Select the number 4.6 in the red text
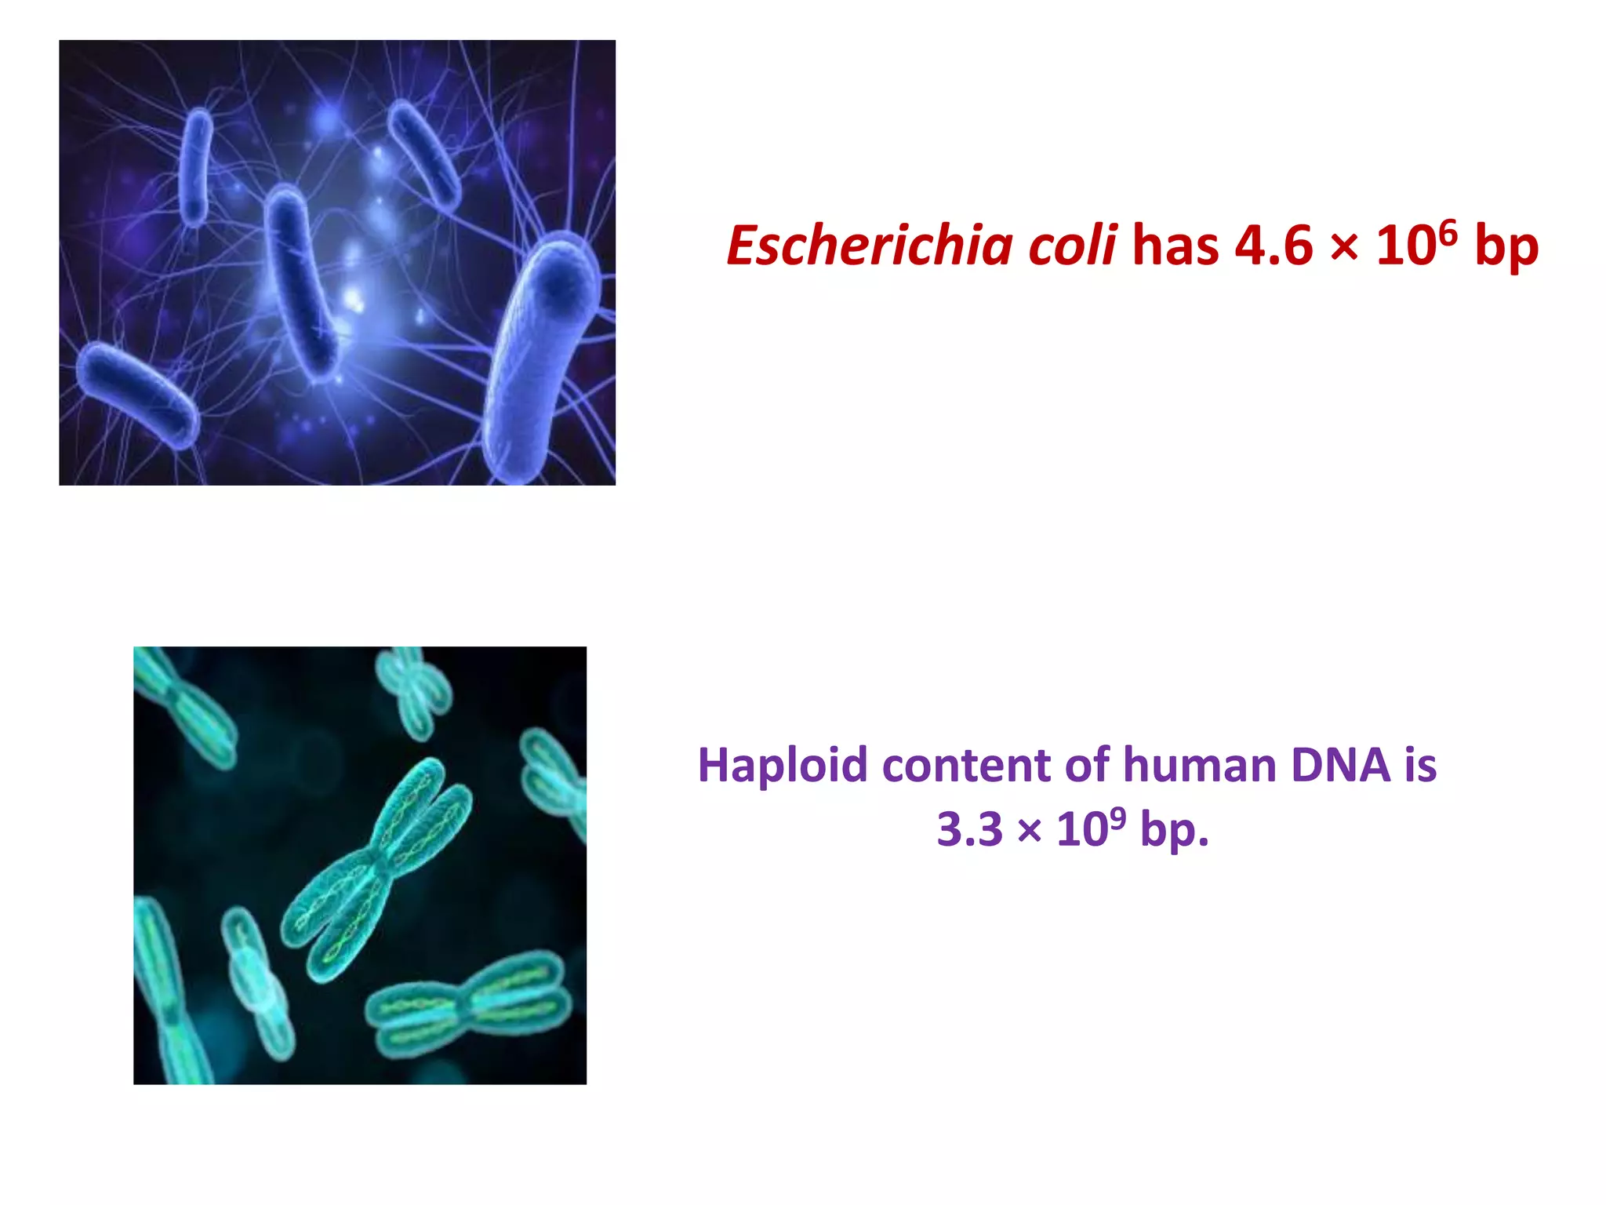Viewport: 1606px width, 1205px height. pos(1274,246)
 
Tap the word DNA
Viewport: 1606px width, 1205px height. pos(1340,766)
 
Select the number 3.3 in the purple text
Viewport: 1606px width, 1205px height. pos(969,830)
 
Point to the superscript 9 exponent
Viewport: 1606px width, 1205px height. pos(1117,818)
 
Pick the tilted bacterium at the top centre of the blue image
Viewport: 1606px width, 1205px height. pos(423,153)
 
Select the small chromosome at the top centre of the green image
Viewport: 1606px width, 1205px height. pos(412,690)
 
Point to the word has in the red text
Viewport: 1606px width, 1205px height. pos(1175,246)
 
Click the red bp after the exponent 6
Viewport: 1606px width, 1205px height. pos(1506,246)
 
